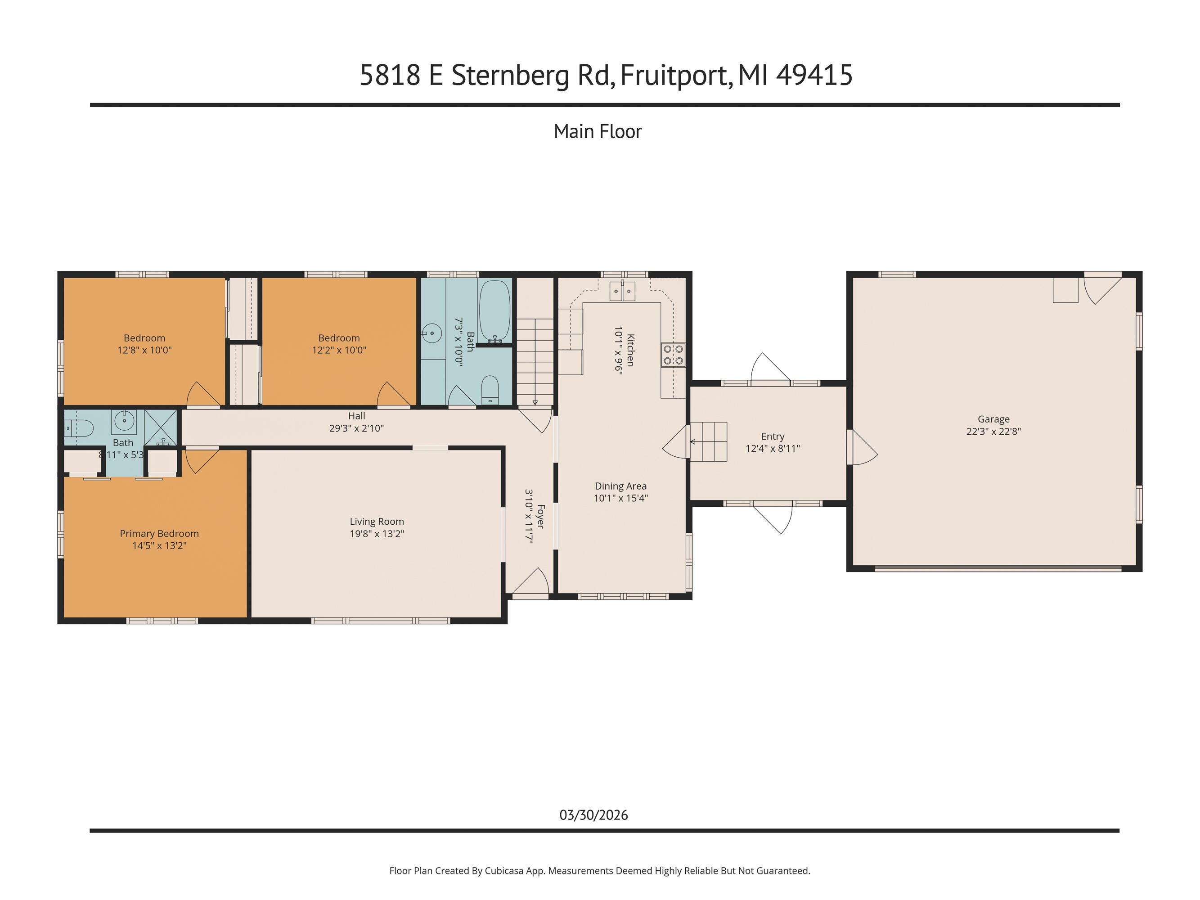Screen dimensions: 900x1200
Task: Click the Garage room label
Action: pos(993,419)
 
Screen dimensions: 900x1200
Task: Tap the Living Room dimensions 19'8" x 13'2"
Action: pos(377,534)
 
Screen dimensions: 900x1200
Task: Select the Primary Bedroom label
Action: pos(159,534)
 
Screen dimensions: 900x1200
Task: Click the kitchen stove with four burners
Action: pos(673,355)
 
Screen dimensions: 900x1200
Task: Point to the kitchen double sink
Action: pos(622,291)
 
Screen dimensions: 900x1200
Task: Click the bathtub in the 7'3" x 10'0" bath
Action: pos(494,311)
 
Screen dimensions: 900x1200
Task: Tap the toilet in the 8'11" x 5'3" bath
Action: pos(79,428)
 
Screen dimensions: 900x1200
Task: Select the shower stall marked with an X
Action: pos(161,428)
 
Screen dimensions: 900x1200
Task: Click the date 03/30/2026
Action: pos(593,815)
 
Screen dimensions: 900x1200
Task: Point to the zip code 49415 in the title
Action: pos(814,76)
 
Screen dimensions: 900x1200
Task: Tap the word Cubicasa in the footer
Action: pos(503,871)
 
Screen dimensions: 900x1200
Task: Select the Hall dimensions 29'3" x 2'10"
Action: pos(356,428)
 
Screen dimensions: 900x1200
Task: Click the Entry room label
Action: pos(773,436)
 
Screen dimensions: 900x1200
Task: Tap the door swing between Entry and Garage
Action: pos(863,448)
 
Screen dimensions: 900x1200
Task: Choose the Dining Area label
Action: pos(620,486)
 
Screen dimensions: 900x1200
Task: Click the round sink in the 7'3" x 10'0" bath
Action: pos(432,333)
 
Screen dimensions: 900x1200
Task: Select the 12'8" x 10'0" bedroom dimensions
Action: pos(144,351)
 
